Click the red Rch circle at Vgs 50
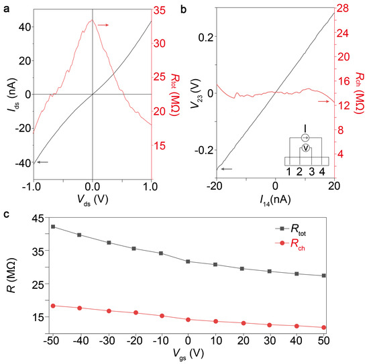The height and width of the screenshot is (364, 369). click(324, 327)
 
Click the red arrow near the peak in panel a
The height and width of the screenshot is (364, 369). click(103, 25)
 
